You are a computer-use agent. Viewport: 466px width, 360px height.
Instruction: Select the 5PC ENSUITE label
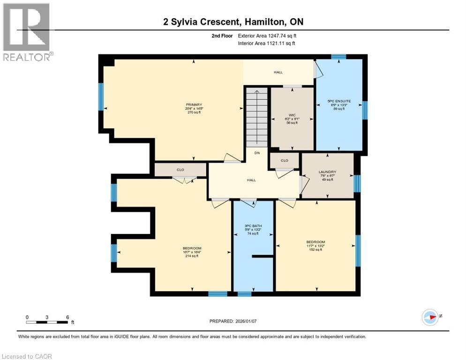coord(338,101)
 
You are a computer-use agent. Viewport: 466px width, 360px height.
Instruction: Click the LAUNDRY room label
coord(327,172)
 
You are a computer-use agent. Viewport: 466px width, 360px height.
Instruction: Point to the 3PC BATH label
coord(253,226)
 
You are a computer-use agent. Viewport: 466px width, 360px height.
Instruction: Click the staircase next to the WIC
coord(256,117)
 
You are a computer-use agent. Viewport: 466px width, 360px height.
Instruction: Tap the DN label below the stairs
coord(257,153)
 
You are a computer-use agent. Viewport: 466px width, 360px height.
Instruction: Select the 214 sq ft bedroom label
coord(192,248)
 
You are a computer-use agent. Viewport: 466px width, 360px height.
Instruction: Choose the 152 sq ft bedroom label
coord(315,242)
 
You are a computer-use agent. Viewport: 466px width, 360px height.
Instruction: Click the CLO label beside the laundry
coord(284,160)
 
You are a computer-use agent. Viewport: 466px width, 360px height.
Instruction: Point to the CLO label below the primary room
coord(180,170)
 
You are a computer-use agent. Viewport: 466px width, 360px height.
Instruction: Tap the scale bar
coord(47,322)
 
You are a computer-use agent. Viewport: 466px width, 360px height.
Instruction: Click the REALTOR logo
coord(27,32)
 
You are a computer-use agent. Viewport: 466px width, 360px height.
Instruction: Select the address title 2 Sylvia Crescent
coord(233,22)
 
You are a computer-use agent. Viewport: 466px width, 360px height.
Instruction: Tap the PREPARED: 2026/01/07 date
coord(233,321)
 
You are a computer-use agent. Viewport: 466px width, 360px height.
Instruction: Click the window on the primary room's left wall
coord(101,97)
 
